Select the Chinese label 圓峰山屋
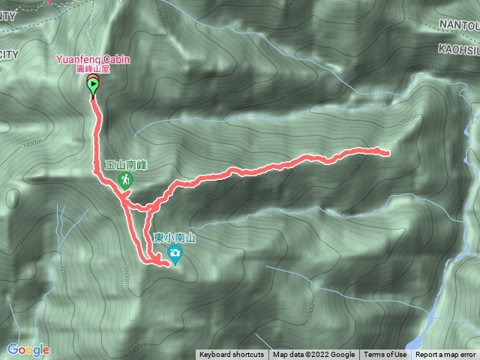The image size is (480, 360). (93, 67)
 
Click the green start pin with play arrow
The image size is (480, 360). (93, 86)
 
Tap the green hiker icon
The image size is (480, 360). (124, 179)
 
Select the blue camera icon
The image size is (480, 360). (175, 254)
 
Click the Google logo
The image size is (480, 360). (28, 349)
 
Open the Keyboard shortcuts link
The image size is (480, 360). (231, 355)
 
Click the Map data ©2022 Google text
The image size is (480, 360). (313, 355)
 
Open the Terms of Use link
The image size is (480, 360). (385, 355)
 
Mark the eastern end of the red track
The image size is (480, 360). (387, 154)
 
